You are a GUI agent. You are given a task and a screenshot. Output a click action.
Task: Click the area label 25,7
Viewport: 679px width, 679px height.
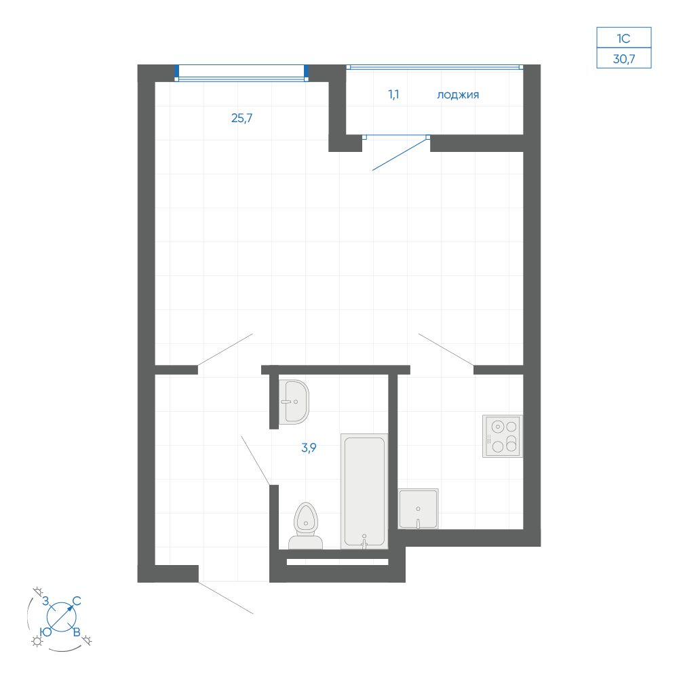tap(241, 118)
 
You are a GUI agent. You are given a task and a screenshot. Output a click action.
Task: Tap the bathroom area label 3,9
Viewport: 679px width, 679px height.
tap(309, 448)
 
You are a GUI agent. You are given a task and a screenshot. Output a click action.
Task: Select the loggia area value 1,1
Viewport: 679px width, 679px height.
tap(393, 94)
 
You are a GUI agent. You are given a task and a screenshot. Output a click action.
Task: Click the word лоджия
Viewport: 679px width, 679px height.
tap(458, 95)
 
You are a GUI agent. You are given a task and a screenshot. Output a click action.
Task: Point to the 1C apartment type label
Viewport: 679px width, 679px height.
tap(623, 39)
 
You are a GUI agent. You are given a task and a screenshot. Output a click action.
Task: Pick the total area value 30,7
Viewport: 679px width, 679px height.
tap(624, 59)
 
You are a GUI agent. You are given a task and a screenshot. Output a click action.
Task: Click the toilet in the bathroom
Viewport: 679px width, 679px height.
tap(306, 526)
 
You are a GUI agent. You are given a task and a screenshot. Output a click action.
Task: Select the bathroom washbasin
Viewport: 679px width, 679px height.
tap(294, 402)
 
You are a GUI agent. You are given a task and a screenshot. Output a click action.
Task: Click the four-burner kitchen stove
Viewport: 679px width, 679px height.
tap(503, 437)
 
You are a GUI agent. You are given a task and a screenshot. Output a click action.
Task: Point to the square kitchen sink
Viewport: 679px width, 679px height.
tap(418, 509)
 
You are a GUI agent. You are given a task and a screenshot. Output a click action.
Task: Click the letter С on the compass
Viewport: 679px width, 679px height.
tap(77, 601)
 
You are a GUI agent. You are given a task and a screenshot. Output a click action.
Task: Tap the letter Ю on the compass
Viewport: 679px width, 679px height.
tap(46, 632)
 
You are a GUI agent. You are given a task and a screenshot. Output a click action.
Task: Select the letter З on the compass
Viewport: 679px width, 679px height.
tap(45, 601)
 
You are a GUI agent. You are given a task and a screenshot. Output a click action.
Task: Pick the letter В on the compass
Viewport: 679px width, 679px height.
tap(77, 632)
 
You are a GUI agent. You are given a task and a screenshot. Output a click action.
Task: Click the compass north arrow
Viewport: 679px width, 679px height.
tap(62, 617)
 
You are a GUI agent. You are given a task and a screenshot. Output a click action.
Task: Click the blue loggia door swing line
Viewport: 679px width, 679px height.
tap(400, 154)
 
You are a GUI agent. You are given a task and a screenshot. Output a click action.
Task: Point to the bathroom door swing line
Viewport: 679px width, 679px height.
tap(256, 461)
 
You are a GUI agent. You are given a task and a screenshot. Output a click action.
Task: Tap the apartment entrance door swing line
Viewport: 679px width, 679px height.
tap(226, 598)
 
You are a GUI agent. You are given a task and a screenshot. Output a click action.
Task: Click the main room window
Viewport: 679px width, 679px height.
tap(241, 73)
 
